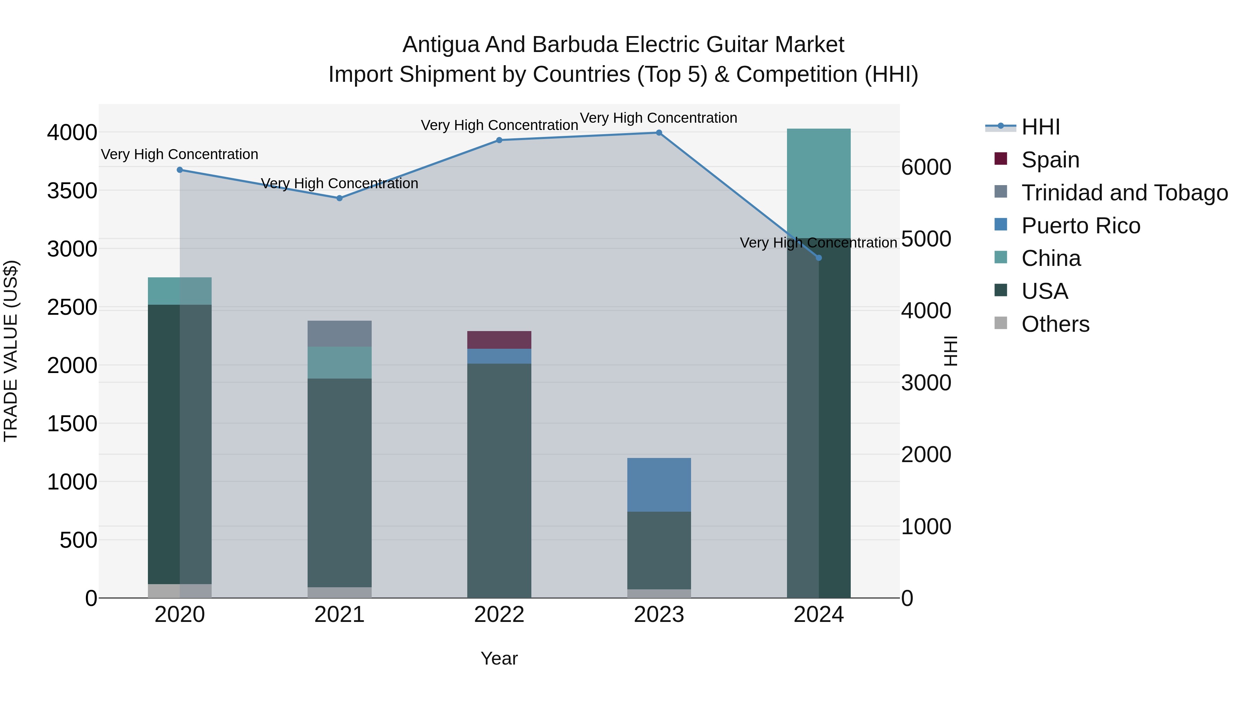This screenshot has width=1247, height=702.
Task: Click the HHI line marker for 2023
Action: (659, 133)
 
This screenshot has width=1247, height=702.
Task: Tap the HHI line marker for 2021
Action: (339, 198)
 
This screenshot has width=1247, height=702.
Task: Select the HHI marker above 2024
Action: (819, 258)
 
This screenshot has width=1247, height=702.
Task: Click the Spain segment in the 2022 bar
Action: (499, 340)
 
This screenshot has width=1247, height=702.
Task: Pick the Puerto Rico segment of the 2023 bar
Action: (659, 485)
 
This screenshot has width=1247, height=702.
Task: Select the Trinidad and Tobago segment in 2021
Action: (339, 333)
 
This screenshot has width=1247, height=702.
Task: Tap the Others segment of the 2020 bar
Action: (179, 591)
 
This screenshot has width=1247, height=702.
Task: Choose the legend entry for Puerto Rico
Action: (1080, 226)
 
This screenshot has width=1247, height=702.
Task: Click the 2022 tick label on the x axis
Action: (499, 615)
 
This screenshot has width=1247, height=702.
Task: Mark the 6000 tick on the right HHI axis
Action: (926, 168)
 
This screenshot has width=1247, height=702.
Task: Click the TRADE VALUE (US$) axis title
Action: (11, 351)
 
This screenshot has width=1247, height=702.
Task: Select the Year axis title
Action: (499, 658)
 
